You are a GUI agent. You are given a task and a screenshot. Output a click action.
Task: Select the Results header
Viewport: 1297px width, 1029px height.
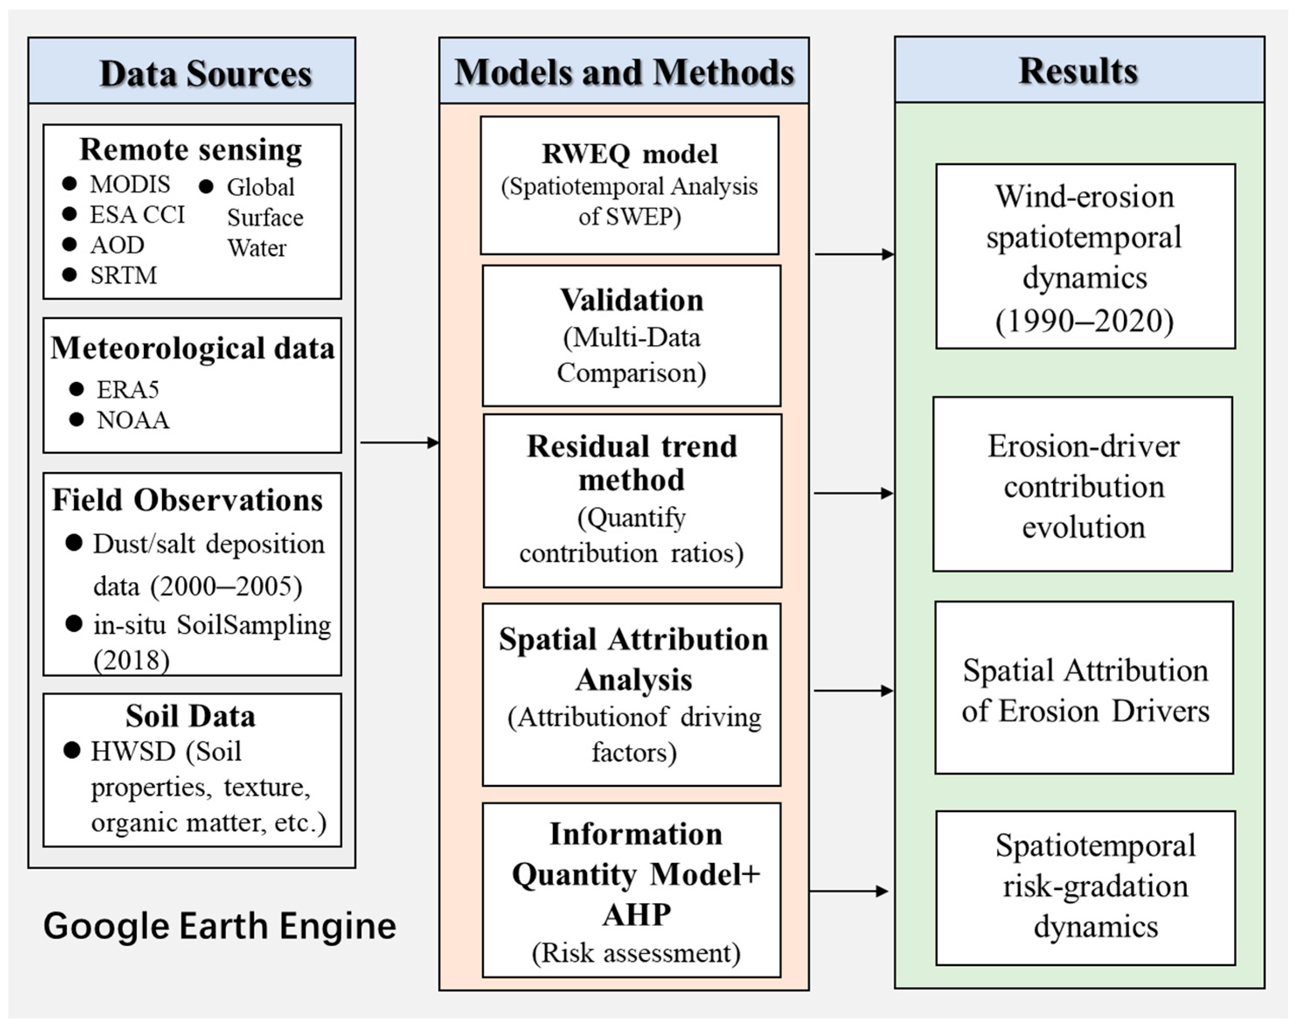[x=1078, y=71]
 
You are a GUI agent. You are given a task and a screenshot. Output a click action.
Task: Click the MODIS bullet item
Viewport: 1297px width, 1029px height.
[x=129, y=184]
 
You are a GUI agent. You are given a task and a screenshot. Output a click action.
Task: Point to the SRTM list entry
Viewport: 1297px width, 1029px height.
[x=123, y=275]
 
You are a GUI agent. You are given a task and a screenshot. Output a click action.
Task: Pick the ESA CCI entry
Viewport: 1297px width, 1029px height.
[x=136, y=214]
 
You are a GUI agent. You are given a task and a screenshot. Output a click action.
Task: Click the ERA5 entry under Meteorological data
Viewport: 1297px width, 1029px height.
[x=128, y=389]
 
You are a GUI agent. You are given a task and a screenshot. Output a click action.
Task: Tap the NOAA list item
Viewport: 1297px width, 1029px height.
[x=132, y=419]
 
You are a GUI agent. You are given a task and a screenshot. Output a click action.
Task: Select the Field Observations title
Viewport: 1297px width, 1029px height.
[x=187, y=500]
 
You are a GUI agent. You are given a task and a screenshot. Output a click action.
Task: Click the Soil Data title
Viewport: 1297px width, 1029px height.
[x=191, y=716]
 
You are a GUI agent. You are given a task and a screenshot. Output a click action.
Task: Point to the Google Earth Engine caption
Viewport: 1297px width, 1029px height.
[x=219, y=925]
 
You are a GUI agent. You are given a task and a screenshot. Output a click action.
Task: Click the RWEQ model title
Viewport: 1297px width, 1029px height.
[x=629, y=153]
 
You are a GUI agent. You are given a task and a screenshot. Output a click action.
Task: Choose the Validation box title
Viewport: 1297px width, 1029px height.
[x=631, y=300]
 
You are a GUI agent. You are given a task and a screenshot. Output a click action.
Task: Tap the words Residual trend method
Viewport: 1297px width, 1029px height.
[x=631, y=463]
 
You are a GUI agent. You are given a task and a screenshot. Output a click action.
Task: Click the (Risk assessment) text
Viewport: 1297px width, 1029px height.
[x=636, y=953]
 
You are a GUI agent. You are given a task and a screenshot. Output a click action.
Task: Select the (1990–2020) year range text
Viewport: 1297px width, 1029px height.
[x=1084, y=321]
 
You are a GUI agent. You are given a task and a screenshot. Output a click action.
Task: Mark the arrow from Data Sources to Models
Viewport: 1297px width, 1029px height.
[x=399, y=443]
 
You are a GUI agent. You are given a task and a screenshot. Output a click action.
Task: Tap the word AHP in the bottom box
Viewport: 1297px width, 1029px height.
[x=636, y=914]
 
